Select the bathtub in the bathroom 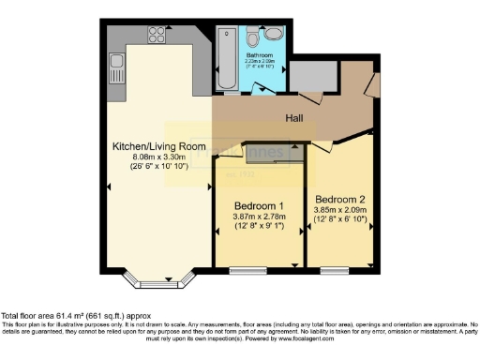coord(227,57)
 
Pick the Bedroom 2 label coord(339,200)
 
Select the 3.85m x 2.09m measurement coord(339,211)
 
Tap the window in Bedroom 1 coord(247,270)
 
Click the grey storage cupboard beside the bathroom coord(306,76)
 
